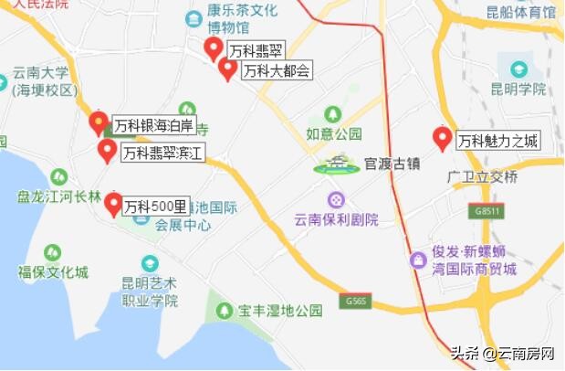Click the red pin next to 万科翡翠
click(214, 48)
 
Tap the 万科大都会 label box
click(277, 70)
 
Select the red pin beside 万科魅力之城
click(443, 139)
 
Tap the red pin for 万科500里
click(113, 204)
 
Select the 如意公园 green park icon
click(333, 115)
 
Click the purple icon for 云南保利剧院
click(337, 199)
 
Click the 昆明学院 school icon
click(518, 69)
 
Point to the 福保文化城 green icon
click(53, 252)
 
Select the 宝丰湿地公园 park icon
click(224, 311)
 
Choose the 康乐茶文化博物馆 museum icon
click(194, 19)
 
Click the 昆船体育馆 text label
click(521, 13)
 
